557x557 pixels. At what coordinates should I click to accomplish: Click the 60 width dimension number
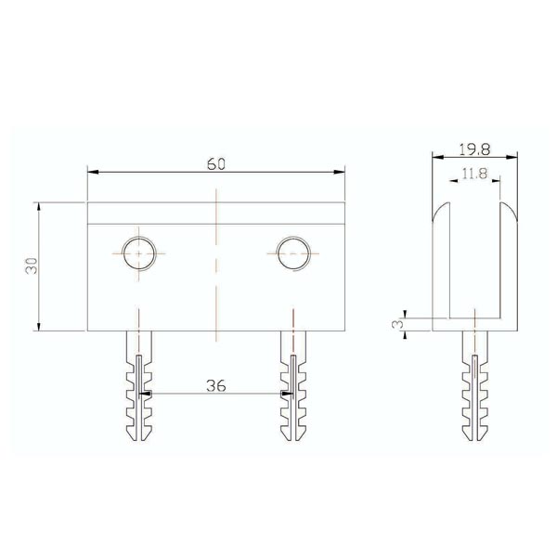[x=216, y=163]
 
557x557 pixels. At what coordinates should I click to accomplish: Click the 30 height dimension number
[x=32, y=266]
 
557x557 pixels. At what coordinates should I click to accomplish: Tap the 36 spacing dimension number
[x=216, y=385]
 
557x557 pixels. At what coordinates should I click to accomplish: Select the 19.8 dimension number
[x=474, y=149]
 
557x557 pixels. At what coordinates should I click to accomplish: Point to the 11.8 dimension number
[x=474, y=174]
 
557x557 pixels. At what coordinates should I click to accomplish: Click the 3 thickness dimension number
[x=399, y=324]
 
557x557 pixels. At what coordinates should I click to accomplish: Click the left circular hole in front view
[x=139, y=253]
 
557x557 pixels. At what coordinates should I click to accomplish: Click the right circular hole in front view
[x=293, y=253]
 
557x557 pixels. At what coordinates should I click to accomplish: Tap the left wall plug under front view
[x=139, y=386]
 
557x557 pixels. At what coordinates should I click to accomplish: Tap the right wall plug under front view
[x=293, y=386]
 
